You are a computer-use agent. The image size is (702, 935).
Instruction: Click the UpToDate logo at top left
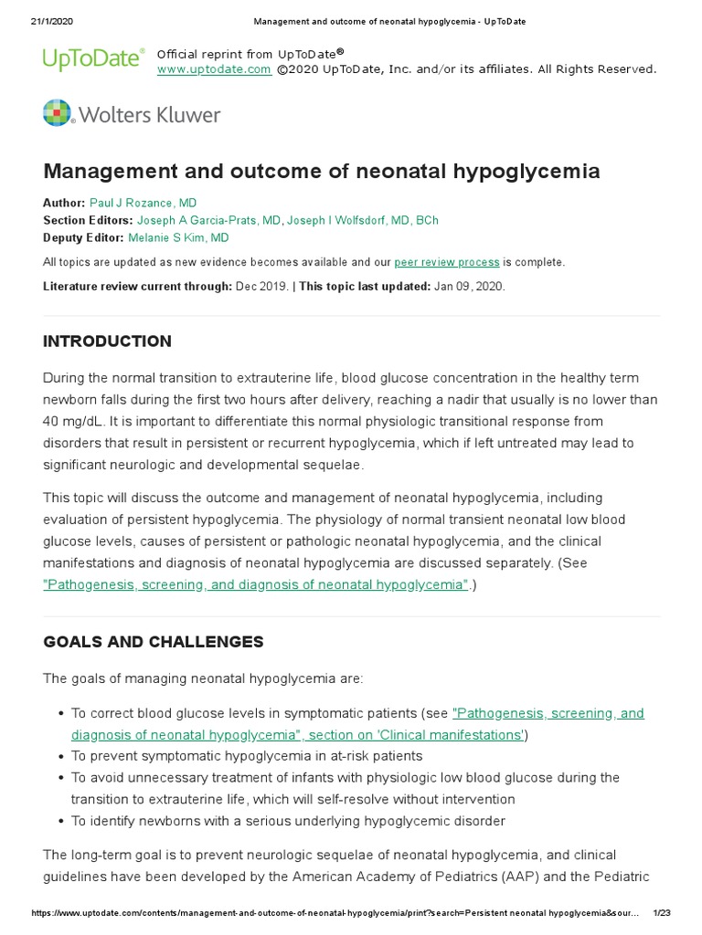click(x=93, y=60)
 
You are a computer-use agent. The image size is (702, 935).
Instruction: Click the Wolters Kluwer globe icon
click(x=58, y=114)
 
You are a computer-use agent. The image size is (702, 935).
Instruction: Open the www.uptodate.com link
click(x=214, y=69)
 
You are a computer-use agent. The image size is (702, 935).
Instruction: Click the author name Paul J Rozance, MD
click(x=143, y=203)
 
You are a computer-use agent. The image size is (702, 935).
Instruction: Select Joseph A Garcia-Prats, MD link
click(x=209, y=220)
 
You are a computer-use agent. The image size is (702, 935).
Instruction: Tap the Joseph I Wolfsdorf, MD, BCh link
click(x=364, y=220)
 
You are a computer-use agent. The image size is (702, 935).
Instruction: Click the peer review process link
click(x=447, y=262)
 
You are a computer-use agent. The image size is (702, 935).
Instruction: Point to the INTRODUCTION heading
click(x=107, y=341)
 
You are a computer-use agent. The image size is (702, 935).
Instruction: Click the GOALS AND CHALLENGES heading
click(x=153, y=642)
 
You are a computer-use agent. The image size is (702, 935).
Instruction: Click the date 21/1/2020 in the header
click(x=40, y=21)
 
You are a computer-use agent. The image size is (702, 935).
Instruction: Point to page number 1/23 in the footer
click(x=662, y=913)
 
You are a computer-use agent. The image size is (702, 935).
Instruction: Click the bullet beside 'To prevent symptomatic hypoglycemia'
click(x=60, y=756)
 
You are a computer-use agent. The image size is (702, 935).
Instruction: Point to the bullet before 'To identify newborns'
click(x=60, y=821)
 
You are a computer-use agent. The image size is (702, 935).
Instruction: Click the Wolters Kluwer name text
click(x=150, y=115)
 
